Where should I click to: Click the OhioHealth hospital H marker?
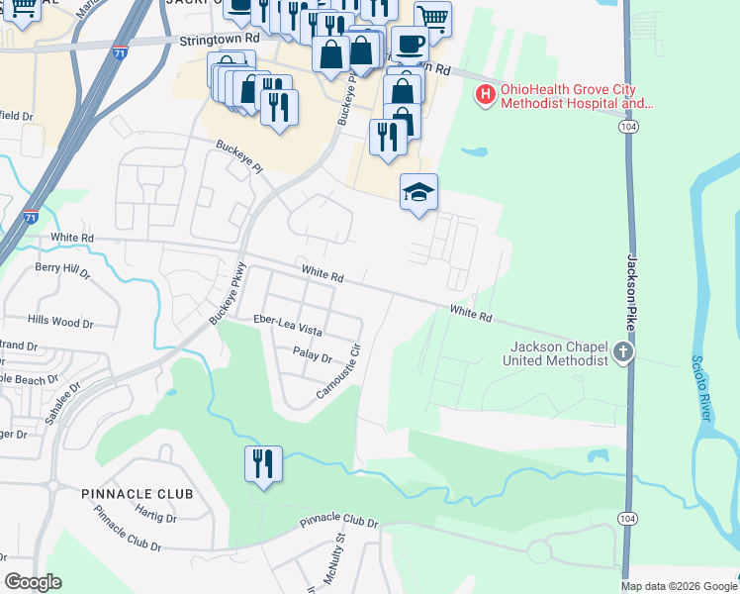point(486,95)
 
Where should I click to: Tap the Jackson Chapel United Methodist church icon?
point(622,351)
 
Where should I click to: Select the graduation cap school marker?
point(418,192)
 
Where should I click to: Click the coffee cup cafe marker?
point(409,45)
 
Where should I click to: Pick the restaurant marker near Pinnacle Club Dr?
point(263,464)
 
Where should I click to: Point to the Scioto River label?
point(701,388)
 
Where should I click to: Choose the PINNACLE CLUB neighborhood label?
point(138,493)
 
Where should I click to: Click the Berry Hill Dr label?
point(61,268)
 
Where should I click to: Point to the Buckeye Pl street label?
point(240,156)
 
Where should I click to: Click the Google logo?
point(33,582)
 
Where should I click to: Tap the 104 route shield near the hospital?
point(628,128)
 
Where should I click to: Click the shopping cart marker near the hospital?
point(432,18)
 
